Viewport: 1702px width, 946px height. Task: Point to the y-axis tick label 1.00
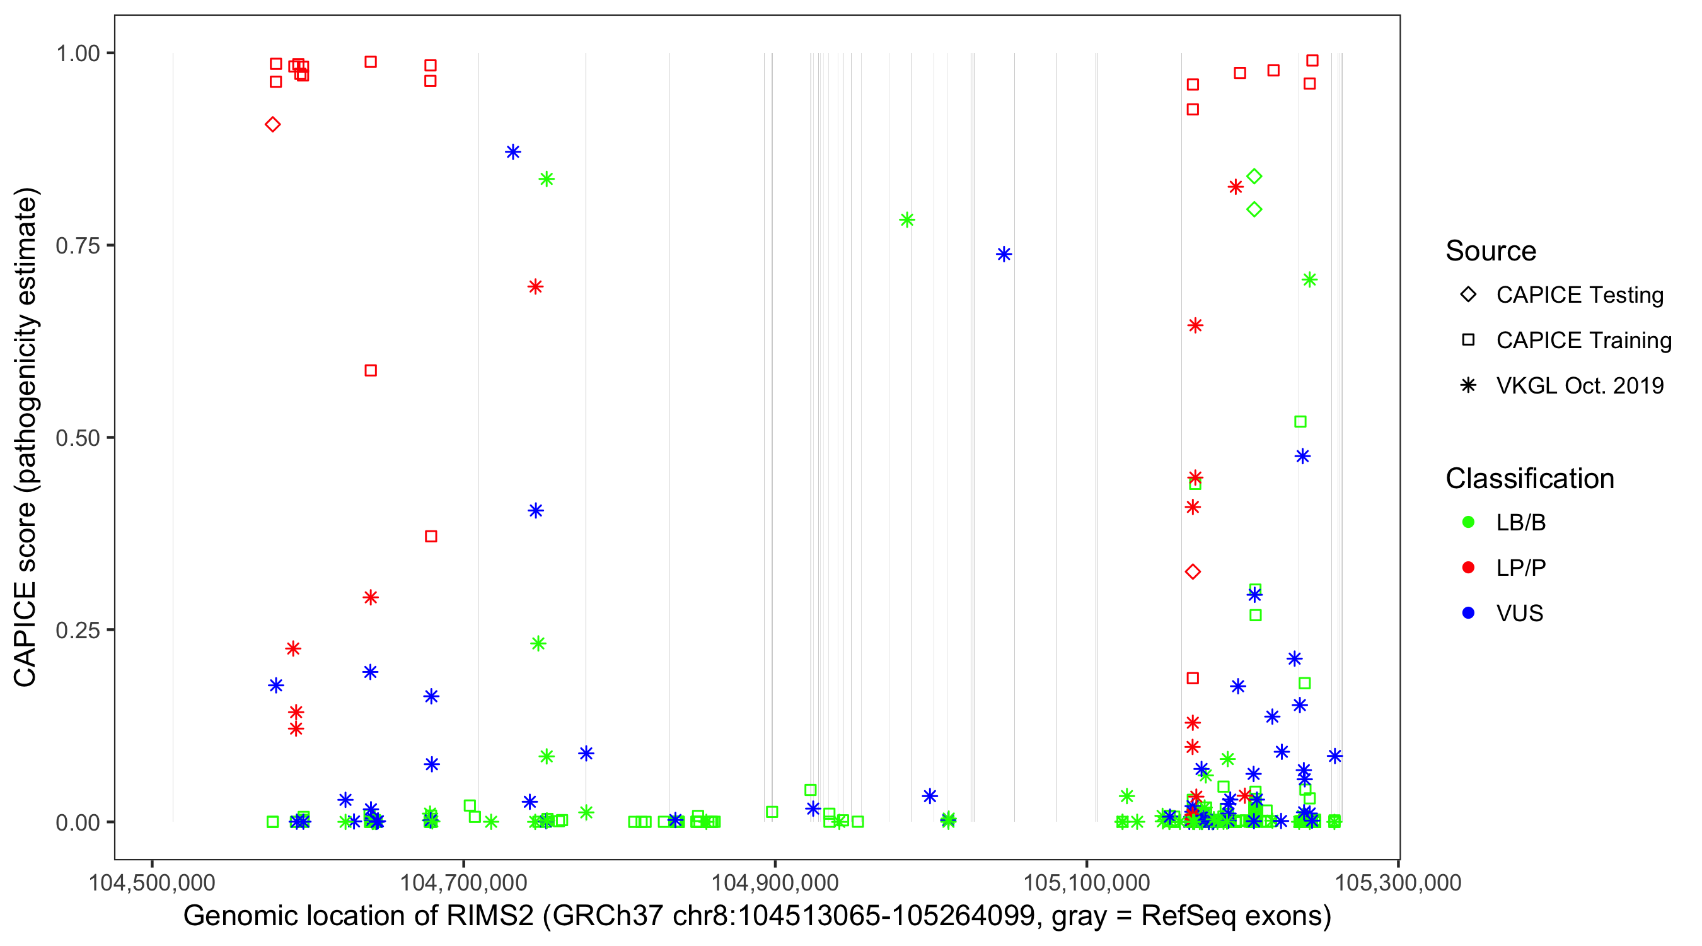[78, 53]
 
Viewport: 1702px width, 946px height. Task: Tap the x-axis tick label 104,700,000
[463, 882]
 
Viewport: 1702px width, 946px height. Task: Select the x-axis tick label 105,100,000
[1087, 882]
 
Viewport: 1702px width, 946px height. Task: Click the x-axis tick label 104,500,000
[152, 882]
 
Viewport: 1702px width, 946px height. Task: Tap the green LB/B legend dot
[1469, 522]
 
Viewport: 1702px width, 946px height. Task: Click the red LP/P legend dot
[1469, 568]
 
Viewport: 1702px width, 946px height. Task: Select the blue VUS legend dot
[1469, 614]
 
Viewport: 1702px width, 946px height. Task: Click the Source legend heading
[1491, 251]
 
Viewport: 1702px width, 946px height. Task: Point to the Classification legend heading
[1529, 479]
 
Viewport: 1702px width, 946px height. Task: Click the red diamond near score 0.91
[273, 124]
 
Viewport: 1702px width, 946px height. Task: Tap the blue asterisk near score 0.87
[512, 152]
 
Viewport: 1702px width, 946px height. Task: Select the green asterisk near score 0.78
[907, 220]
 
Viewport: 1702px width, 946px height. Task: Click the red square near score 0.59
[371, 371]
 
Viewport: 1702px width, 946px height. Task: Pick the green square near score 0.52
[1300, 422]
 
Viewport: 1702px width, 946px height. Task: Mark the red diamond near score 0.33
[1193, 572]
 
